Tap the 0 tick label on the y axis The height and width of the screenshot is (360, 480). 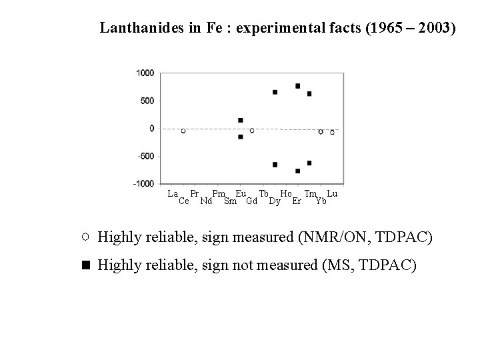[151, 128]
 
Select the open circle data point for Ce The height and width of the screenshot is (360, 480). [183, 131]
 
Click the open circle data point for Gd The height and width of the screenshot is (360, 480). [252, 131]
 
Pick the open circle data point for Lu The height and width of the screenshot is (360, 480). [332, 132]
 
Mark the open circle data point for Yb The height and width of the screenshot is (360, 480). [321, 131]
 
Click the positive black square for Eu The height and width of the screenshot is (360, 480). [241, 120]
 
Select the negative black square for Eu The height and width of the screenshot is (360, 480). [241, 137]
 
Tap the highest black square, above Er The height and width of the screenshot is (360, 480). [297, 86]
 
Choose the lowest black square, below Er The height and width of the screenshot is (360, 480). [297, 171]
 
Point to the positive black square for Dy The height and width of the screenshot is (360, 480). [275, 92]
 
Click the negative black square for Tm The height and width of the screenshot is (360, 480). [309, 163]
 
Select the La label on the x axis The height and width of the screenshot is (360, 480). [173, 193]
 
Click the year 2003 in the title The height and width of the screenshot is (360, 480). [437, 28]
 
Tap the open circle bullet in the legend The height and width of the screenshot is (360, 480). [85, 236]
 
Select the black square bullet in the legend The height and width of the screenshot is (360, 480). [85, 265]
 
